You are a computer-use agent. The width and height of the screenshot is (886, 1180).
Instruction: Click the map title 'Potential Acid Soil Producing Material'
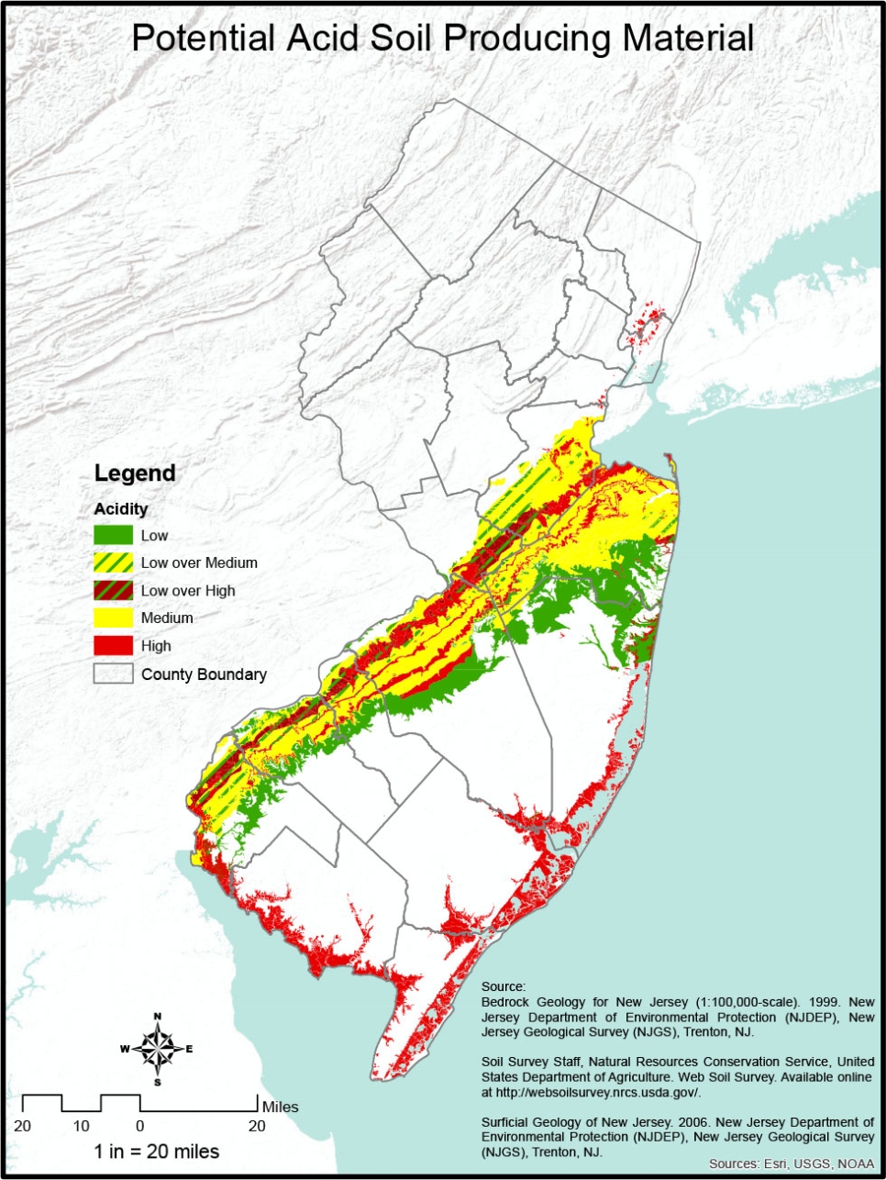pos(442,39)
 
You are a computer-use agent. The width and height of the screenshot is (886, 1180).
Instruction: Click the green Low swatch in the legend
pos(113,535)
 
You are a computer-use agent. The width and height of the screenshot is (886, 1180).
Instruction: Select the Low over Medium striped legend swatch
pos(113,562)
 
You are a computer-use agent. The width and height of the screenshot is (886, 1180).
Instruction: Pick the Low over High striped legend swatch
pos(113,590)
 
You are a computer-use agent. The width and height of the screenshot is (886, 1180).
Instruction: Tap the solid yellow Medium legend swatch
pos(113,618)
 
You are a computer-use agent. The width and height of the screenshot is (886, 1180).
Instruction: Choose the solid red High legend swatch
pos(113,646)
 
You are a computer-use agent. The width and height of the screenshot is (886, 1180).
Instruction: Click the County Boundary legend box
pos(113,673)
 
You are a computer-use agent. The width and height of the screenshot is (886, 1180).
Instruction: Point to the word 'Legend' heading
pos(134,473)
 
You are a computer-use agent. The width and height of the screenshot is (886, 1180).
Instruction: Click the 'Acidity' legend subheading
pos(120,508)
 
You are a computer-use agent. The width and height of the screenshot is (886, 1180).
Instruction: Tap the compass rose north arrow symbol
pos(158,1049)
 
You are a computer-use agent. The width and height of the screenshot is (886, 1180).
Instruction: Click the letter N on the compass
pos(158,1017)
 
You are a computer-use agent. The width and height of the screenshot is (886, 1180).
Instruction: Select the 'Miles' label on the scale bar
pos(280,1107)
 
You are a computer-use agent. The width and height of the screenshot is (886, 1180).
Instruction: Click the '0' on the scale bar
pos(139,1126)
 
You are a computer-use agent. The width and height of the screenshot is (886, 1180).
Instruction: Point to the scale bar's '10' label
pos(82,1126)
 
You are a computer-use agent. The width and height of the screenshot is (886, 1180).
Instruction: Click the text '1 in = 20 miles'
pos(157,1152)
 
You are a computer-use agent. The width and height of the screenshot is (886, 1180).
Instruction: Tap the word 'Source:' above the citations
pos(504,987)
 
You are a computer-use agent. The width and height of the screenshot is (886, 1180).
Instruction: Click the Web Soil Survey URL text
pos(596,1092)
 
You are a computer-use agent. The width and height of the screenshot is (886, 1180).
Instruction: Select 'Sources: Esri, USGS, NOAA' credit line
pos(791,1163)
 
